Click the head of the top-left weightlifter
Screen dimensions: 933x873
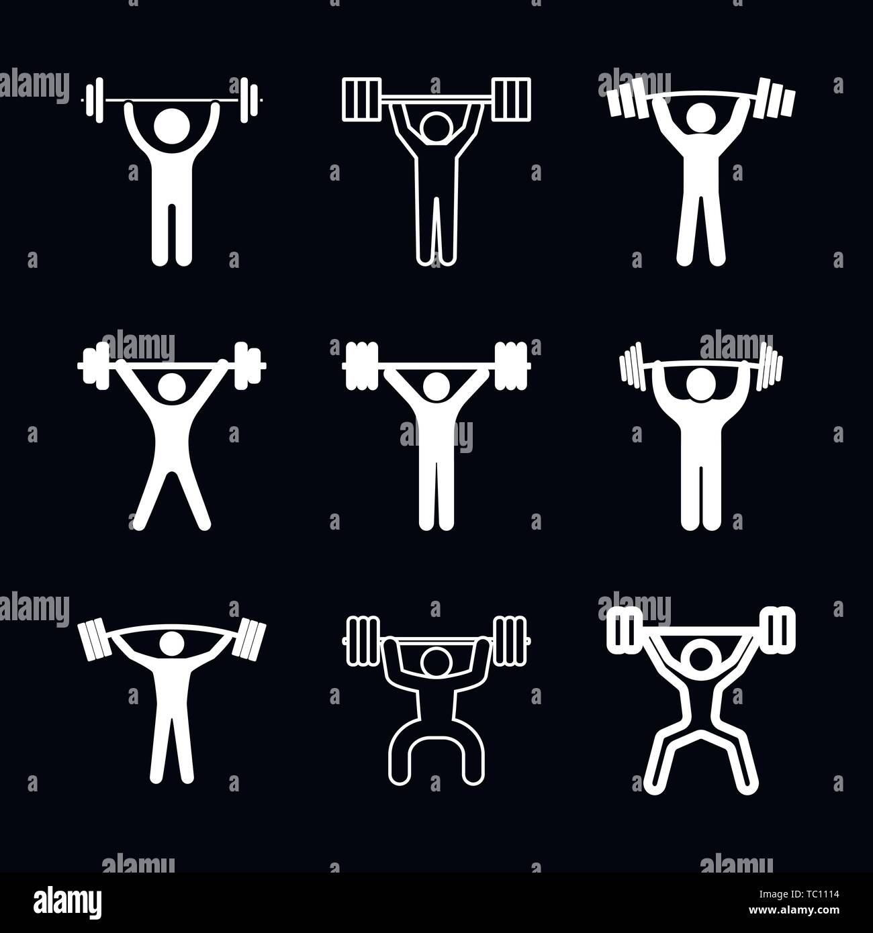171,126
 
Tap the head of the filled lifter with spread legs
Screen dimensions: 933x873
172,389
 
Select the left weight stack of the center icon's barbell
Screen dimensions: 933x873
361,366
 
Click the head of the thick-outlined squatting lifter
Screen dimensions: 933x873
701,655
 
